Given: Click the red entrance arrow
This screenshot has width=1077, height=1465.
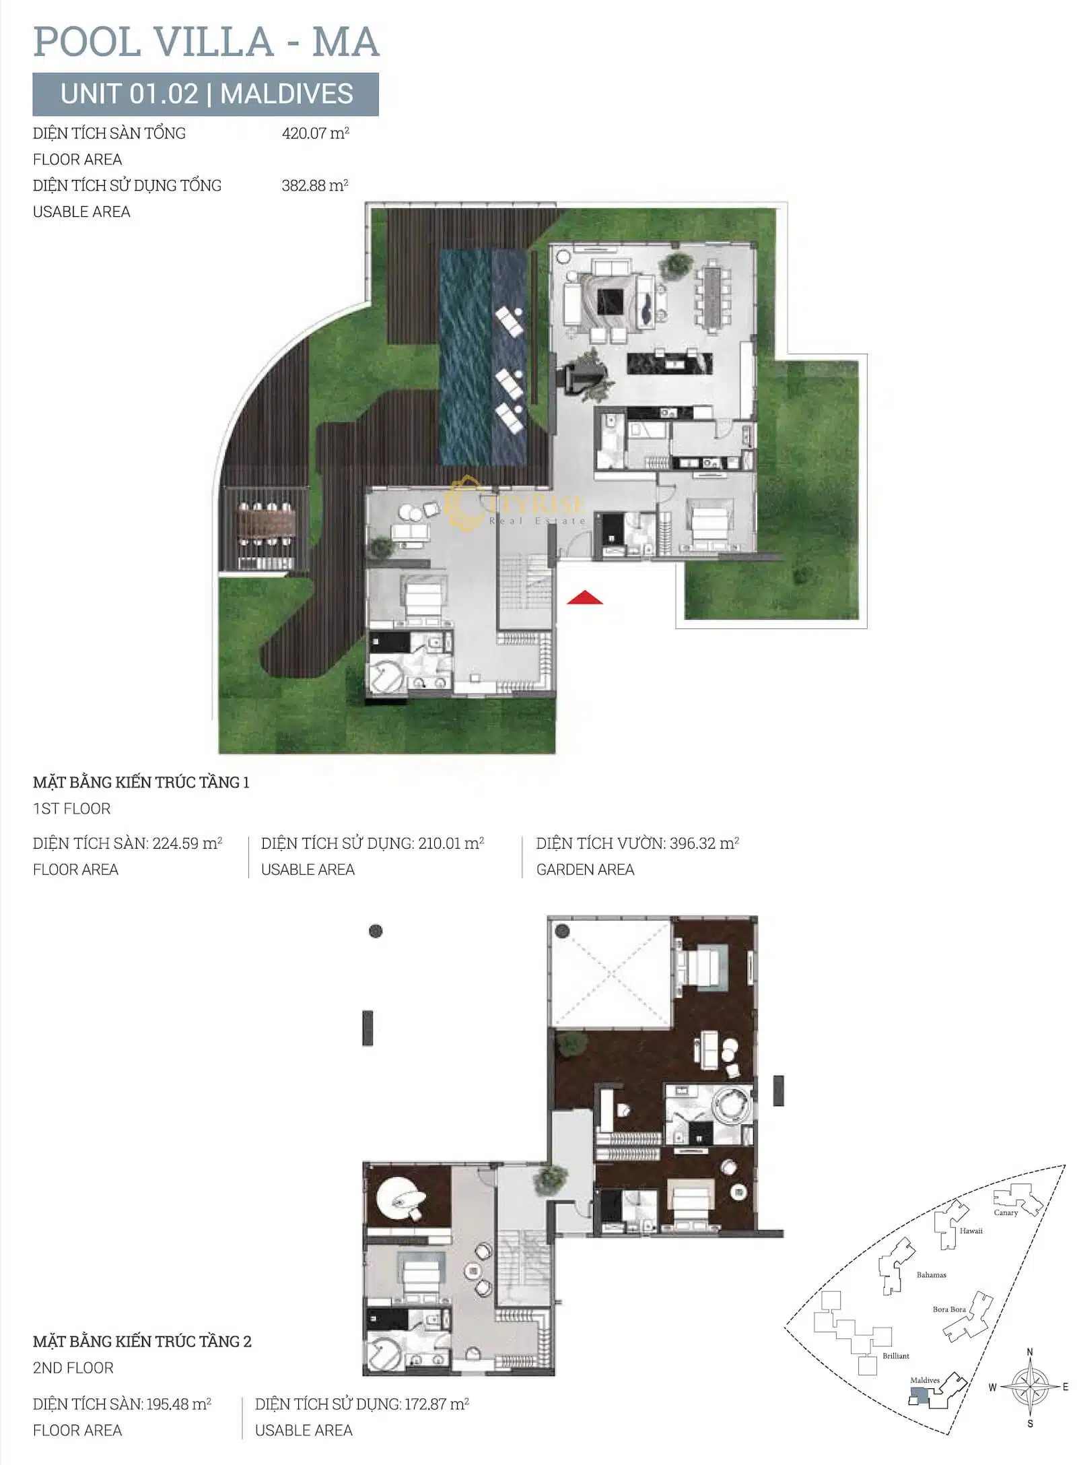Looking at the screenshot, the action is [x=584, y=597].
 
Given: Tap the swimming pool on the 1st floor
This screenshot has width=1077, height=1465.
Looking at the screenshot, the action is [x=483, y=357].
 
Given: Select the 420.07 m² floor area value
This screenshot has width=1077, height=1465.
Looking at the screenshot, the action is [x=315, y=133].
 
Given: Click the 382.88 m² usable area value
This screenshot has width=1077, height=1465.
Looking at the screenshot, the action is [x=315, y=185].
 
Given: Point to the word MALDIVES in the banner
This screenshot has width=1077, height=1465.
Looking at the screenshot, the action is [x=287, y=94].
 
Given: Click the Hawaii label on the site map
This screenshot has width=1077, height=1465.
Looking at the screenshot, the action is [x=971, y=1231].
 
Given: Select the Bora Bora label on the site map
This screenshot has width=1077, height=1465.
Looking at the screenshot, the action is [x=949, y=1309].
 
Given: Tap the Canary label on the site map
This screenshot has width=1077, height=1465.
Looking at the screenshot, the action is [x=1006, y=1212].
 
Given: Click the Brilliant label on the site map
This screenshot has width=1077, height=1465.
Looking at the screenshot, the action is [x=896, y=1356].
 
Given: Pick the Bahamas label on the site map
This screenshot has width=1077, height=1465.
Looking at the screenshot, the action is [x=931, y=1274].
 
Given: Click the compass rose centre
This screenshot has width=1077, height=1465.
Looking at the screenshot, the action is [x=1029, y=1387].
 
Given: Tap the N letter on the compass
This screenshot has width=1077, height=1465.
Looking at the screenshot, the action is [x=1029, y=1352].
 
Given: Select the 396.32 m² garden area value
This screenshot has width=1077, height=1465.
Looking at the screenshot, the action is [x=705, y=843].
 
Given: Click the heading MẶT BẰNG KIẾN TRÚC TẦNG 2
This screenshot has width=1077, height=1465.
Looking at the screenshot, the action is [x=142, y=1341].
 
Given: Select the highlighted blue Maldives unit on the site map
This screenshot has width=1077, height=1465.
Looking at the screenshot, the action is [x=919, y=1396].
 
